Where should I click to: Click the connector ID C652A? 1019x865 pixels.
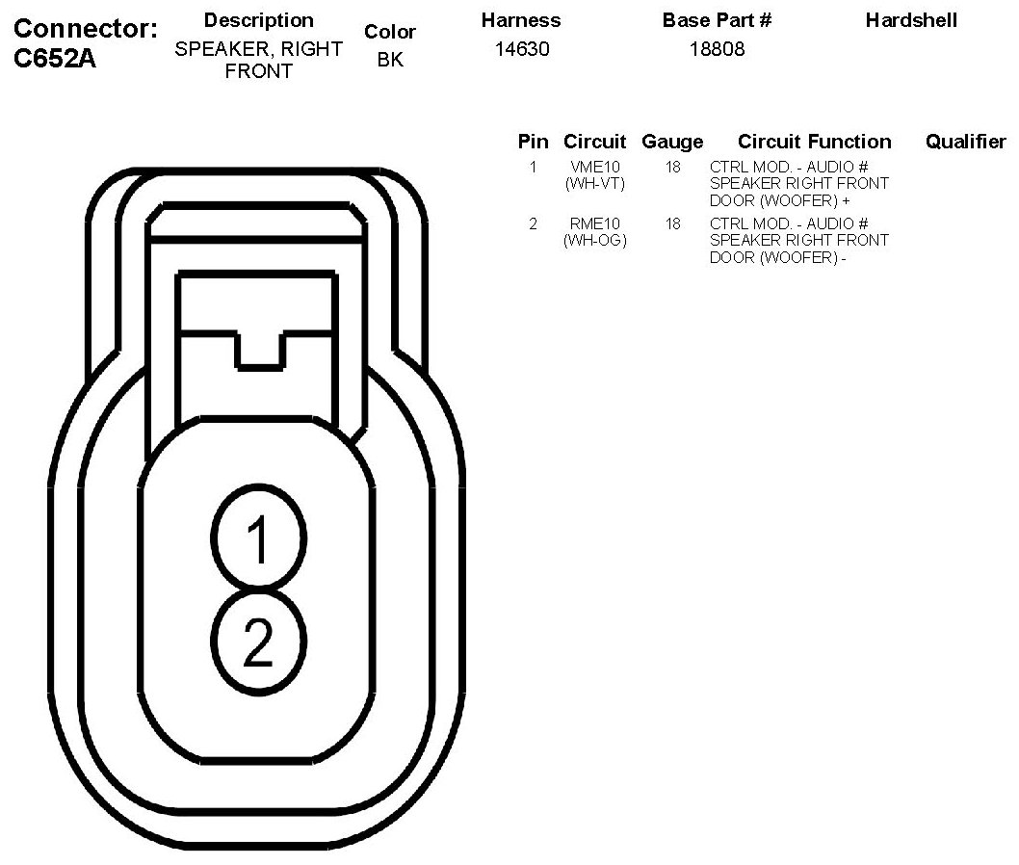click(55, 59)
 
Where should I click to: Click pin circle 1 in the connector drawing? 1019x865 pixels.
click(258, 538)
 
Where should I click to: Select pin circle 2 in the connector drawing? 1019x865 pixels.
click(258, 641)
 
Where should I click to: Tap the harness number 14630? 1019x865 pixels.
click(522, 49)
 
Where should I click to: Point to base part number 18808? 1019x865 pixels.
click(717, 49)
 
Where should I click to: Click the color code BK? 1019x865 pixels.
click(390, 60)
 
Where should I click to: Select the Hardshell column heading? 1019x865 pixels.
click(911, 20)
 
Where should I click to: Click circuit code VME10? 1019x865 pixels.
click(594, 168)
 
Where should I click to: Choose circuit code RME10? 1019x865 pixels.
click(594, 224)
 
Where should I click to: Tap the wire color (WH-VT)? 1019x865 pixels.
click(594, 183)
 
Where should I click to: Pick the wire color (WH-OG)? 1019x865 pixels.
click(594, 240)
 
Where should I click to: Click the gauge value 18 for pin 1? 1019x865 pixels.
click(672, 168)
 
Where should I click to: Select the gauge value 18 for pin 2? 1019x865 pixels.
click(672, 224)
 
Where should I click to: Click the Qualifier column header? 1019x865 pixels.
click(965, 142)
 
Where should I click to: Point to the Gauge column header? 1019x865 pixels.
click(672, 142)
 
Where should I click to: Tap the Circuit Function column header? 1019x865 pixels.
click(814, 142)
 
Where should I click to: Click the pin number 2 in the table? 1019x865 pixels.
click(533, 224)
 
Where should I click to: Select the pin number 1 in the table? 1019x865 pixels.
click(533, 168)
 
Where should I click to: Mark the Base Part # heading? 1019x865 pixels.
click(717, 20)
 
